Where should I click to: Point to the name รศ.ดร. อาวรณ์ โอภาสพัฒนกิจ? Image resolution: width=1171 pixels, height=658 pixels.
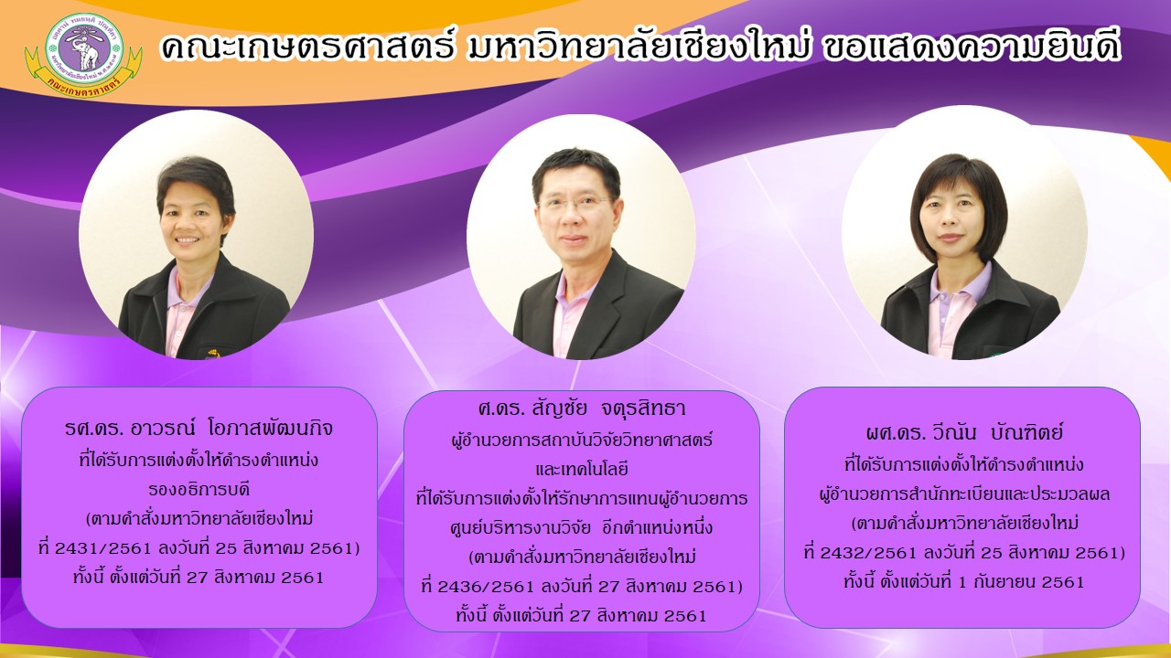(199, 429)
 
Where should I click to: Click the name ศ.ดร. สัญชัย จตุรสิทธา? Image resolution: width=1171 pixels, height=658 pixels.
(581, 409)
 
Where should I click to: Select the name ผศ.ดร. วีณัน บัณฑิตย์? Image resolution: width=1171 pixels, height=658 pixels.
(964, 432)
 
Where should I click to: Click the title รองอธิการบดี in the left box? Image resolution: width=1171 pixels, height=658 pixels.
(199, 490)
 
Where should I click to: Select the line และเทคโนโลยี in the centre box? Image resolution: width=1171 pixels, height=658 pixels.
(581, 469)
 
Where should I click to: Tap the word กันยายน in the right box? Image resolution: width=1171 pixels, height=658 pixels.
(1004, 582)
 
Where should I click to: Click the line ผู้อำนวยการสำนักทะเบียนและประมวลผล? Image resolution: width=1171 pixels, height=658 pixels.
(963, 494)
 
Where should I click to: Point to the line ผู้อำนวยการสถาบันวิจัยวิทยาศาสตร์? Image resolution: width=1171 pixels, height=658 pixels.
(581, 440)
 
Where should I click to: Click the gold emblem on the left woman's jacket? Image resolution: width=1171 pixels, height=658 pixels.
(213, 353)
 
